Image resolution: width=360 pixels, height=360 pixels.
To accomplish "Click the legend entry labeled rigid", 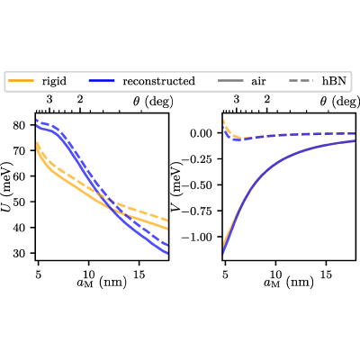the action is pos(37,81).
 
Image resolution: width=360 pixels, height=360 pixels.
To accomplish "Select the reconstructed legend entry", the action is pos(142,81).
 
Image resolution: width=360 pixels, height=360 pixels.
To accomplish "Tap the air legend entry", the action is pos(241,81).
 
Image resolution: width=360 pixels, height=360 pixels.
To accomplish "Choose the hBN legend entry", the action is pos(318,81).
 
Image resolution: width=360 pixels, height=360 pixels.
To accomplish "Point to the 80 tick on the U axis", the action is pos(20,125).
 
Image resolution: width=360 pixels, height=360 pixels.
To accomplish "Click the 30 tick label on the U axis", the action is pos(20,253).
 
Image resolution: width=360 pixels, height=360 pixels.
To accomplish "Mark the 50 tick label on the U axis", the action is pos(20,202).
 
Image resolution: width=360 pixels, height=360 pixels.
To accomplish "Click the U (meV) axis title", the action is pos(7,186).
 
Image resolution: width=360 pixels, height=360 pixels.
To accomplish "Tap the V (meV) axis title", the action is pos(176,186).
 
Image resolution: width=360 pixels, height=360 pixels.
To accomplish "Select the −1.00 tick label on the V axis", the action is pos(196,237).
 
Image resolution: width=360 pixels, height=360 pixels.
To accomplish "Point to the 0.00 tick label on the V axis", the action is pos(201,133).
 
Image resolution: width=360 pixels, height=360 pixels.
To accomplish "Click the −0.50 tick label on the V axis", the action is pos(196,185).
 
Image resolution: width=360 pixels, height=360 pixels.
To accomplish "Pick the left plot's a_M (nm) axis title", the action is pos(102,283).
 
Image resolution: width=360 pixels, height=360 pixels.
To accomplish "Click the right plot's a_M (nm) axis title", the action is pos(289,283).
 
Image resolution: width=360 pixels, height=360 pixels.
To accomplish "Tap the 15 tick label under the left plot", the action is pos(139,274).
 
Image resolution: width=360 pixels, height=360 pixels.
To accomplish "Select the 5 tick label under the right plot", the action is pos(225,274).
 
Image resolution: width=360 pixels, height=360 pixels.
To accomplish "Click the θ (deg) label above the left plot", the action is pos(153,102).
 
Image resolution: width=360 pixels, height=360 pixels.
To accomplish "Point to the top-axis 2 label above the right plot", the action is pos(267,99).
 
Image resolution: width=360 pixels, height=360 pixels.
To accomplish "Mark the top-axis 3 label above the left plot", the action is pos(49,99).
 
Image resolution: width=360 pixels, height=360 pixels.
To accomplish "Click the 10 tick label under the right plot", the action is pos(275,274).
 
